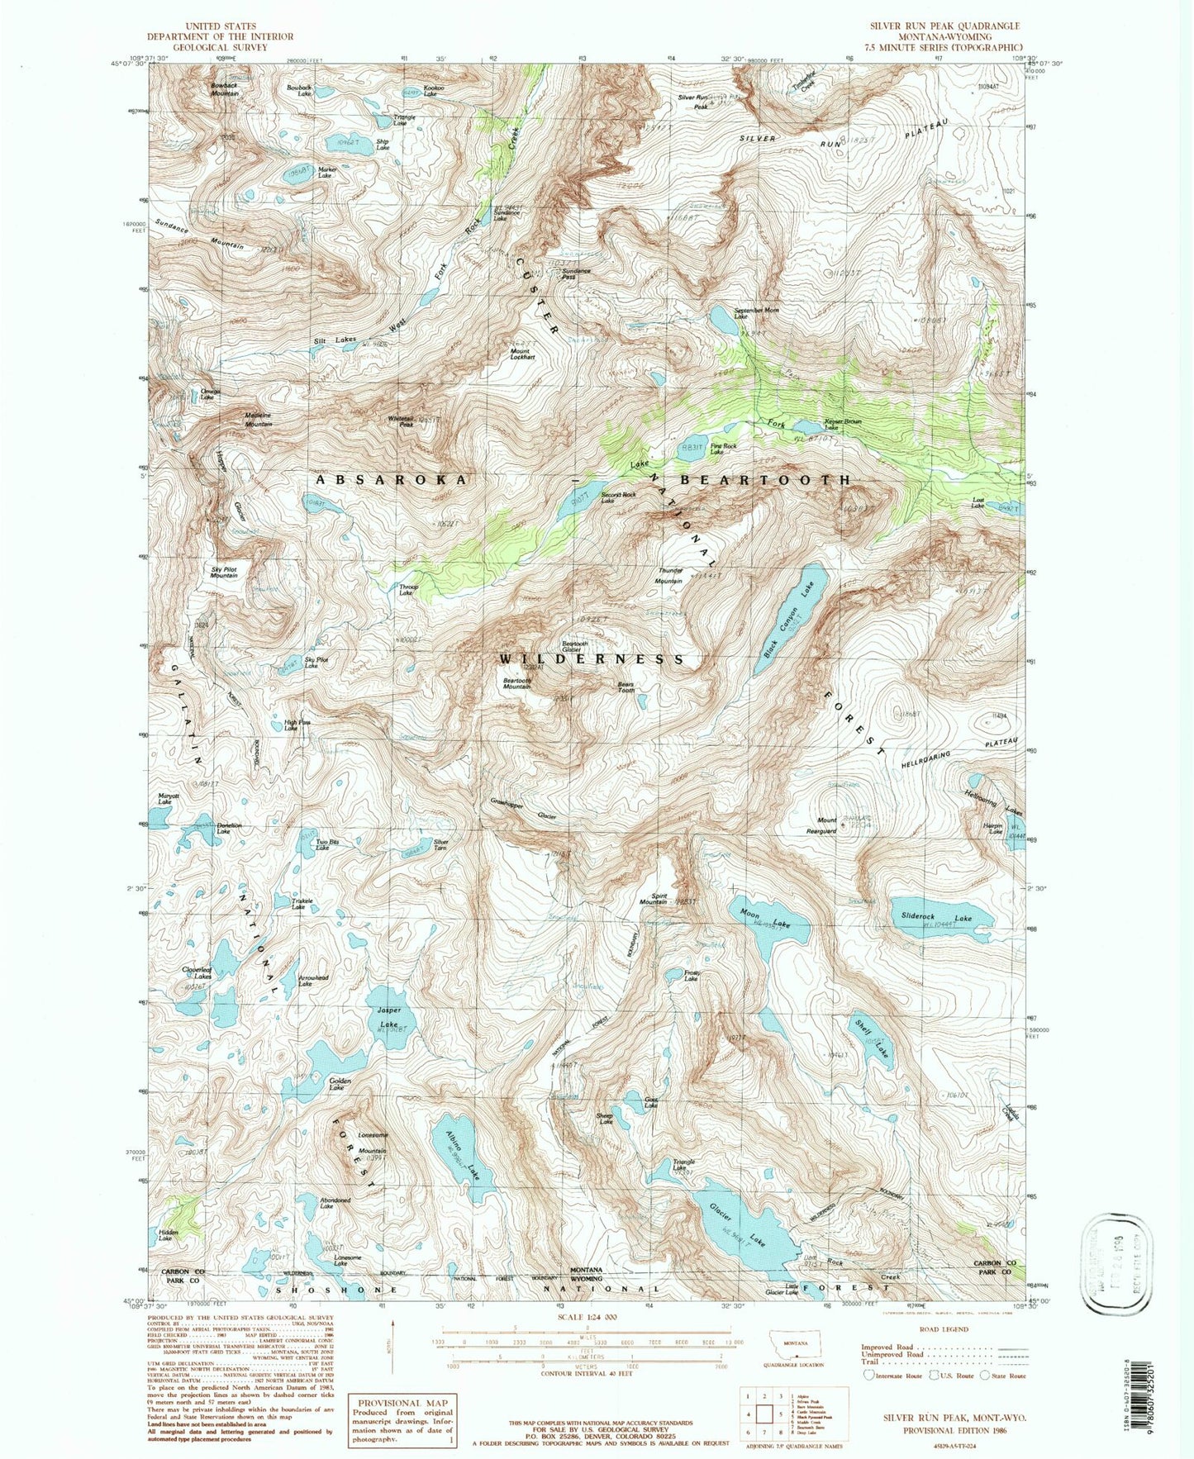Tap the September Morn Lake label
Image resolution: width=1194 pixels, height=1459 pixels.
pyautogui.click(x=756, y=313)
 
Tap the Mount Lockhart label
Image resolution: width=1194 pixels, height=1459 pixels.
pyautogui.click(x=522, y=354)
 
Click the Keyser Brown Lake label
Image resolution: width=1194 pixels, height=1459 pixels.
pyautogui.click(x=843, y=424)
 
